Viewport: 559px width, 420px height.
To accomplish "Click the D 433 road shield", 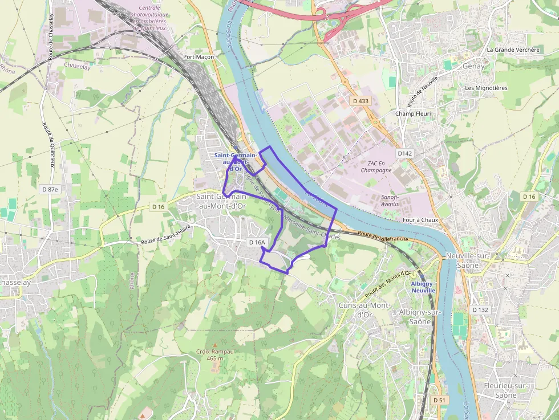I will (360, 101).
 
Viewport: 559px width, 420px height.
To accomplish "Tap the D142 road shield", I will (404, 153).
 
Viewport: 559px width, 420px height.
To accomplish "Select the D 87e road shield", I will (50, 189).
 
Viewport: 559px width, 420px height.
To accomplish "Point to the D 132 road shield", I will (480, 309).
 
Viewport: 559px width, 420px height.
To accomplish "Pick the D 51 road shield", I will (439, 400).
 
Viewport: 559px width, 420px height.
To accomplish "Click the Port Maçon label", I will (198, 57).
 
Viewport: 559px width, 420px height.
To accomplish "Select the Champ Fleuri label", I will (413, 113).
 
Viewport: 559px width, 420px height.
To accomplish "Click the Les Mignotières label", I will (486, 88).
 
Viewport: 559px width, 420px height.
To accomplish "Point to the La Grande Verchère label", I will (513, 50).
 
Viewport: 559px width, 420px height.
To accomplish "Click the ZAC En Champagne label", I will (376, 166).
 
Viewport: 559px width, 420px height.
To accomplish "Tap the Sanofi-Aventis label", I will (390, 200).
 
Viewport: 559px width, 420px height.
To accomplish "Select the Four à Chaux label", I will (419, 220).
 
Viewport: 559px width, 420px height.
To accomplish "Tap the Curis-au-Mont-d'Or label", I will (364, 310).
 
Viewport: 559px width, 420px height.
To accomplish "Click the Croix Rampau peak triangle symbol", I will (215, 345).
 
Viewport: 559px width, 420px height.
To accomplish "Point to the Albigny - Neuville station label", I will (423, 287).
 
